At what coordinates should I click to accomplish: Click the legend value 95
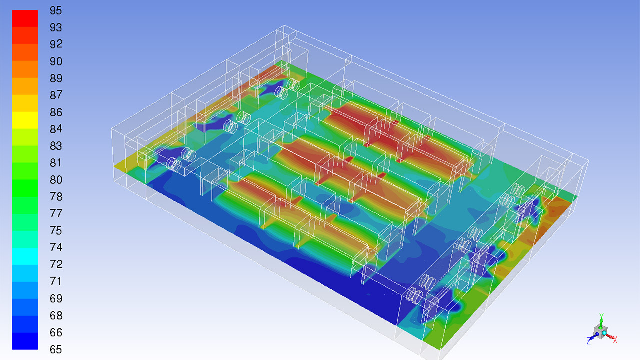pyautogui.click(x=56, y=11)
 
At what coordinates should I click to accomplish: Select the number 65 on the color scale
pyautogui.click(x=56, y=349)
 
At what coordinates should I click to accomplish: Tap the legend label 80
pyautogui.click(x=56, y=180)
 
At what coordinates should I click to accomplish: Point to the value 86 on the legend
pyautogui.click(x=56, y=112)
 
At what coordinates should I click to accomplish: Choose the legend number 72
pyautogui.click(x=56, y=264)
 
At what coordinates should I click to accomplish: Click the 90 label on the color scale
pyautogui.click(x=56, y=61)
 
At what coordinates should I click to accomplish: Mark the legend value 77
pyautogui.click(x=56, y=213)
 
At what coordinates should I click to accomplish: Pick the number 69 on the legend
pyautogui.click(x=56, y=299)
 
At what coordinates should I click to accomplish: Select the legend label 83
pyautogui.click(x=56, y=146)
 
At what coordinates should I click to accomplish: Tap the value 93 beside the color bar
pyautogui.click(x=56, y=27)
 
